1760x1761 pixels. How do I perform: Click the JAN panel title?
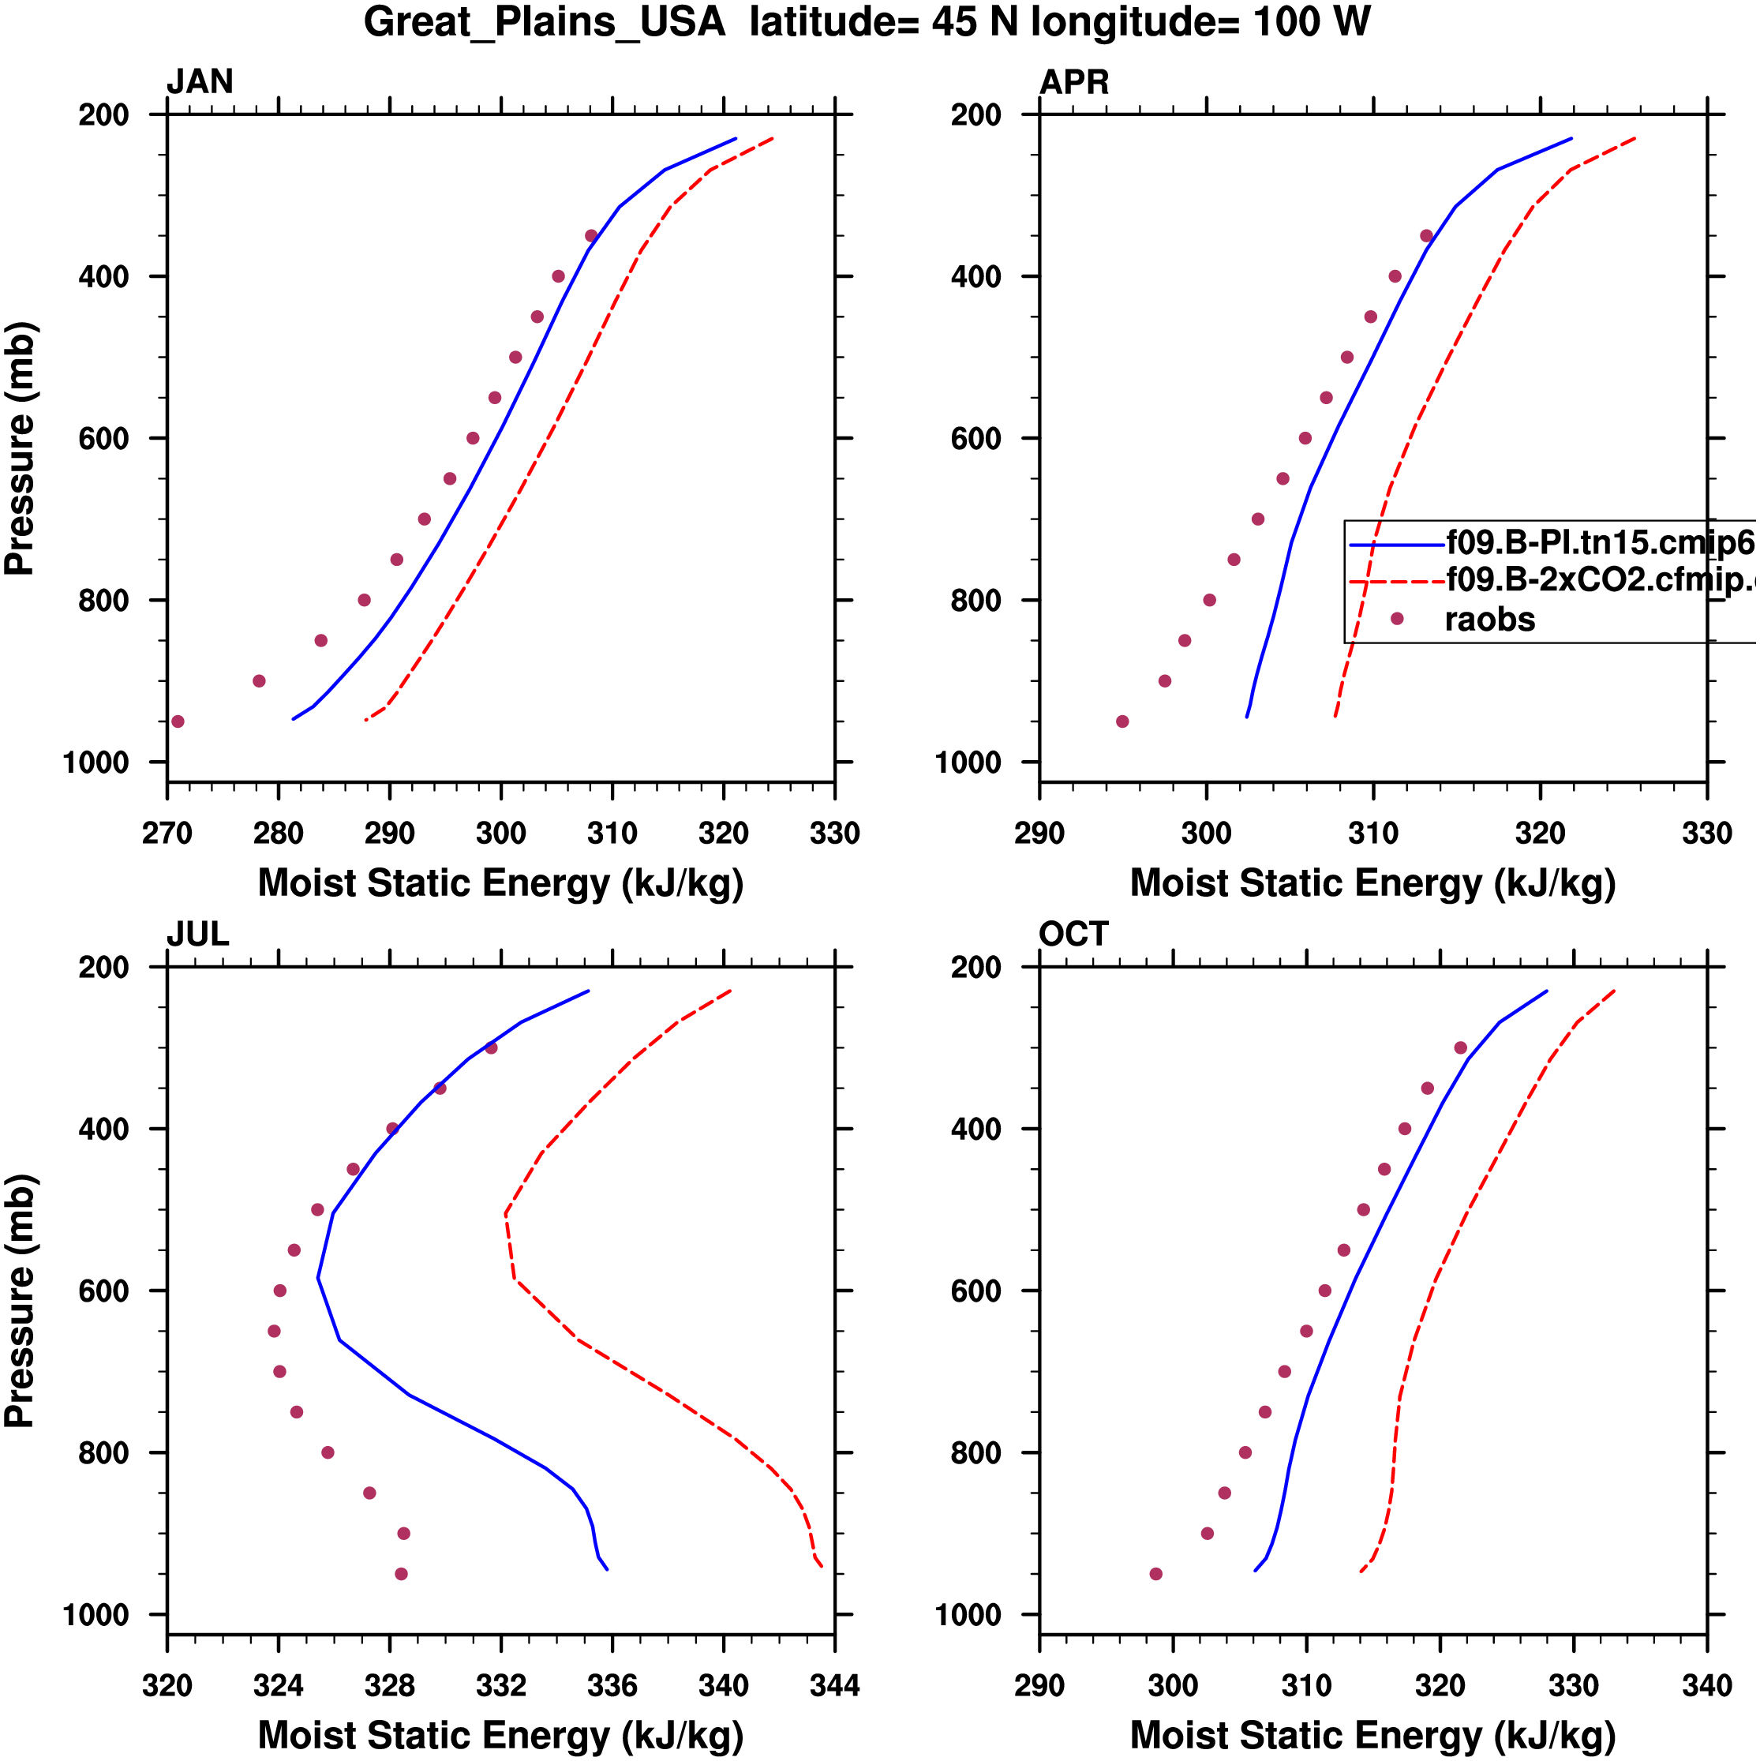(x=200, y=82)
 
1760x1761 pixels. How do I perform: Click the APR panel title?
(x=1073, y=82)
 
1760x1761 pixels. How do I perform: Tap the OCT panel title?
(x=1073, y=935)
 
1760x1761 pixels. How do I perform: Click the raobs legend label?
(x=1489, y=620)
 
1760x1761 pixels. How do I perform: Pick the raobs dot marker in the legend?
(x=1396, y=619)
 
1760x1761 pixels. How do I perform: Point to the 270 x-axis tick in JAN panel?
(x=167, y=833)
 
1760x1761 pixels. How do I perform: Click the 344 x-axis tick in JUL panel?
(x=834, y=1686)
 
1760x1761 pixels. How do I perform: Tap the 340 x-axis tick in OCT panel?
(x=1706, y=1686)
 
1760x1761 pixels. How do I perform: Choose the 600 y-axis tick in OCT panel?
(x=975, y=1291)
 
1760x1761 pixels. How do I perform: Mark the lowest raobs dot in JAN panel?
(x=178, y=722)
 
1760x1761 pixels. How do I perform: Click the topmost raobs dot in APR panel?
(x=1426, y=236)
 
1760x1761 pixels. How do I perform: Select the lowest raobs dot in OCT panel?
(x=1155, y=1574)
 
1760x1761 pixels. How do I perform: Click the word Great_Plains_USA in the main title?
(x=544, y=22)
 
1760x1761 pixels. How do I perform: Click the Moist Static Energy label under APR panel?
(x=1372, y=883)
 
